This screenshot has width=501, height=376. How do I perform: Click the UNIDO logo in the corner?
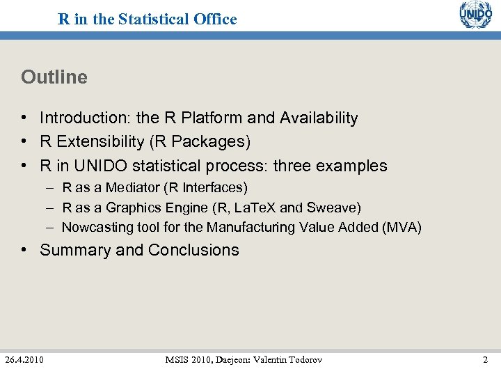pyautogui.click(x=475, y=15)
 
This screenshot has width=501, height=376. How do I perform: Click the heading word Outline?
pyautogui.click(x=54, y=77)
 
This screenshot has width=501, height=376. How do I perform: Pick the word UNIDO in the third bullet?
pyautogui.click(x=106, y=166)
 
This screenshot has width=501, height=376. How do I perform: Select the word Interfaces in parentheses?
pyautogui.click(x=214, y=187)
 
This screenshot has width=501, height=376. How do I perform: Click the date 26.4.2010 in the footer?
pyautogui.click(x=24, y=359)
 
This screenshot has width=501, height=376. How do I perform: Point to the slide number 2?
pyautogui.click(x=485, y=359)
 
